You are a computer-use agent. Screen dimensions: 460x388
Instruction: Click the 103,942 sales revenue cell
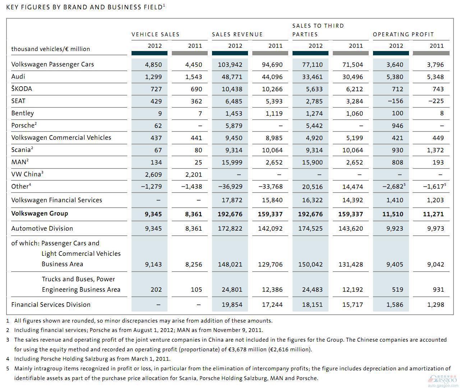[x=230, y=65]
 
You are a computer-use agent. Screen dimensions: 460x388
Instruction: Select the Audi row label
[x=18, y=77]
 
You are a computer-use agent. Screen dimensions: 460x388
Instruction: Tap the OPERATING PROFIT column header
[x=403, y=34]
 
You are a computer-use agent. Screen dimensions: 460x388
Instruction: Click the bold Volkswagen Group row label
[x=40, y=213]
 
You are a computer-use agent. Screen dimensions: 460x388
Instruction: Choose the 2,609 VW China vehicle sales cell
[x=153, y=175]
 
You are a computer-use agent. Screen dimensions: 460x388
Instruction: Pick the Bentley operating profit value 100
[x=397, y=113]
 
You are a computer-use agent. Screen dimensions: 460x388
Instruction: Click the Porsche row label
[x=24, y=125]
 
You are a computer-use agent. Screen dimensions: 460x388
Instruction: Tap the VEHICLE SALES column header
[x=156, y=34]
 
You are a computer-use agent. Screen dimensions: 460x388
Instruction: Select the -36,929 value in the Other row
[x=230, y=186]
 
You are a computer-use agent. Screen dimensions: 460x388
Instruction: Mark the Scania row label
[x=22, y=149]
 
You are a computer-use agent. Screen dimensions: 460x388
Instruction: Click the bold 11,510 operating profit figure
[x=393, y=214]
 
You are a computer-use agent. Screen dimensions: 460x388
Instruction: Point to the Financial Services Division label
[x=51, y=305]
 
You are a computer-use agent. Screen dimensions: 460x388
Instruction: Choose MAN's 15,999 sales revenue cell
[x=232, y=162]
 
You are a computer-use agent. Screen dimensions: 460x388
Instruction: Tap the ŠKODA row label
[x=22, y=88]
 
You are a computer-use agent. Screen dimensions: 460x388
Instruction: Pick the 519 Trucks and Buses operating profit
[x=397, y=290]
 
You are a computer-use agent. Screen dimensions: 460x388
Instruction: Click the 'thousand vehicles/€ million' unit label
[x=51, y=49]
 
